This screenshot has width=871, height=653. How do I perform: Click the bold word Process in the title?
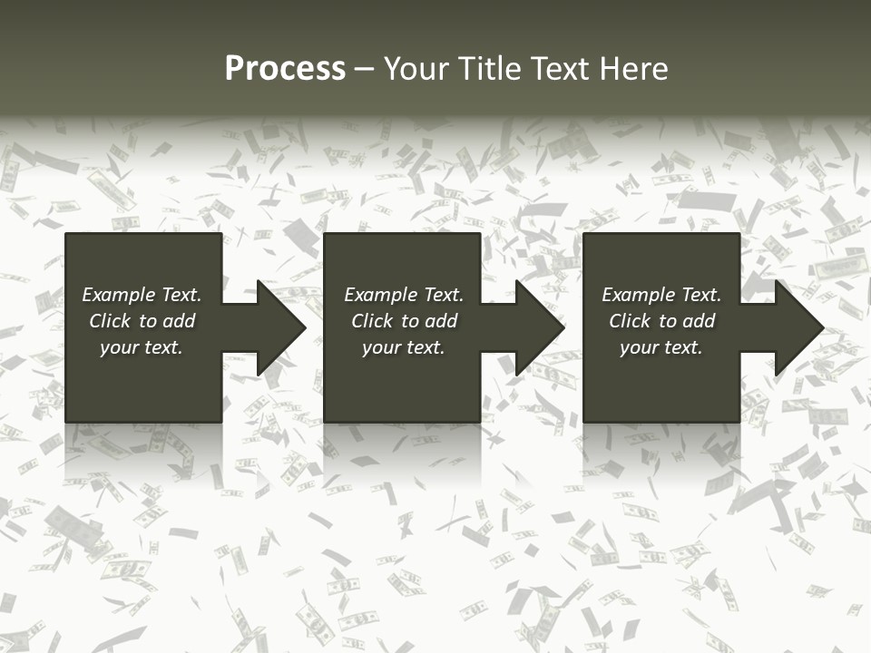coord(285,69)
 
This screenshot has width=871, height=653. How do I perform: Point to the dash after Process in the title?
coord(365,70)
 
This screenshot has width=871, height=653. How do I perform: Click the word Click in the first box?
coord(110,321)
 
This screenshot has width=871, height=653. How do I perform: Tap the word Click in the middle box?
coord(372,321)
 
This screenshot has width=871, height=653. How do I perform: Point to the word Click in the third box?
coord(630,321)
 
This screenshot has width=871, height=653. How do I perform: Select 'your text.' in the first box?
coord(142,347)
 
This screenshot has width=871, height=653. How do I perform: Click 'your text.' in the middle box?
coord(404,347)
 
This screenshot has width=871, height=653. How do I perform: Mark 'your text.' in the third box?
coord(661,347)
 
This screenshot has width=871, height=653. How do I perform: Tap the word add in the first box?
coord(180,321)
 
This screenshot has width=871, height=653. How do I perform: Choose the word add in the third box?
coord(700,321)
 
